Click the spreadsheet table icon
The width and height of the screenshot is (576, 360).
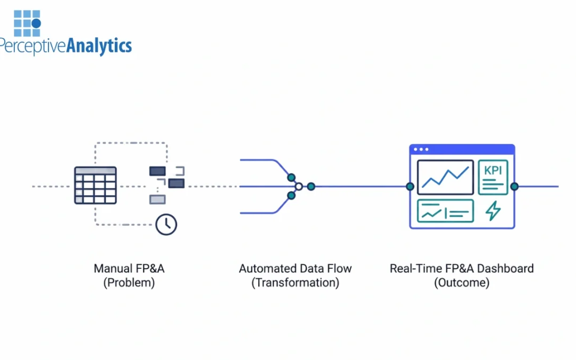point(95,185)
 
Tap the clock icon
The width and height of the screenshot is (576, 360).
point(166,225)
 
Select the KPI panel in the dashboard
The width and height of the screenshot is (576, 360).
point(493,177)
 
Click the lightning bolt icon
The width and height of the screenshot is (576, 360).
point(493,211)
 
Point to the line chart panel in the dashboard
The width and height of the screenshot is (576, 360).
point(445,177)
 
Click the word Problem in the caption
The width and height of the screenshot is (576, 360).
point(129,283)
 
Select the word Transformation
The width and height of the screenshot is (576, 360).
point(295,283)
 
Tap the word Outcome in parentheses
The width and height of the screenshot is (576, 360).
point(461,283)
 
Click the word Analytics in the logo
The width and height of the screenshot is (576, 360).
point(99,46)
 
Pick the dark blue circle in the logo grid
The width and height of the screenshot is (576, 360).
point(36,23)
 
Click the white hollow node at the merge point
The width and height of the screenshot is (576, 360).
point(299,187)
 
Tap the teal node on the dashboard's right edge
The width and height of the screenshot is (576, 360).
point(514,187)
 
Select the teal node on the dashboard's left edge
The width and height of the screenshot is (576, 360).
point(410,187)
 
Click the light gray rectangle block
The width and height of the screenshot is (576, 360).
point(157,199)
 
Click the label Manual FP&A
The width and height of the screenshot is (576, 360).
point(129,268)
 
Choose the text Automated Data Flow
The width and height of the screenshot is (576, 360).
point(295,268)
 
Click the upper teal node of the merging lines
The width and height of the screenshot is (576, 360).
point(291,177)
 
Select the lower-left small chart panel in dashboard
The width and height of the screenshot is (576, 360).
point(445,211)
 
